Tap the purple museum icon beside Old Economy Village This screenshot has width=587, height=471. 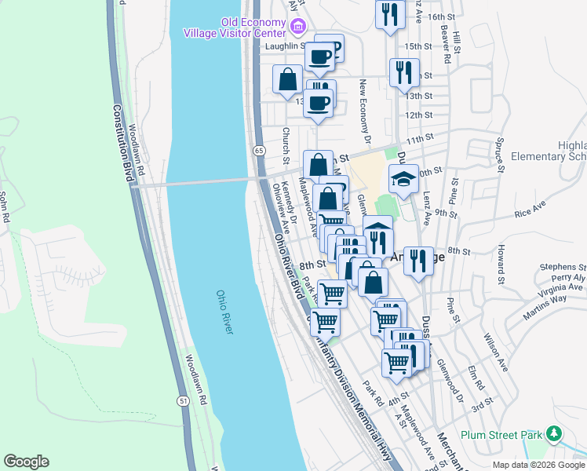tap(297, 29)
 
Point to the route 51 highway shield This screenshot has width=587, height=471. tap(183, 400)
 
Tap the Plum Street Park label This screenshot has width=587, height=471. tap(502, 434)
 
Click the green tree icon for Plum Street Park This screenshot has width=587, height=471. tap(554, 433)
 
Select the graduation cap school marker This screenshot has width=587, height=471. tap(403, 180)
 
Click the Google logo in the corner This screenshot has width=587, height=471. tap(26, 462)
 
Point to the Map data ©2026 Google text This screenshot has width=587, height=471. tap(538, 465)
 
